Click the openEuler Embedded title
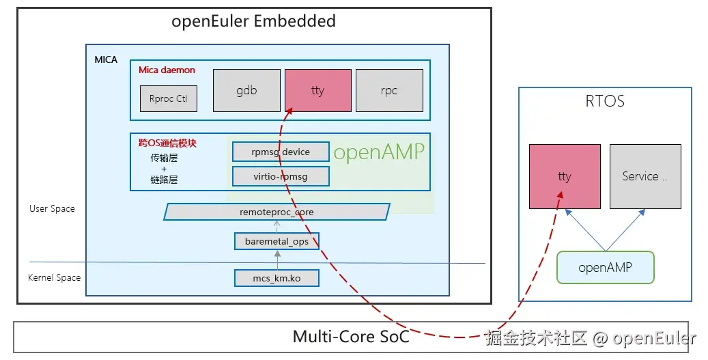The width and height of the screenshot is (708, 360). coord(254,21)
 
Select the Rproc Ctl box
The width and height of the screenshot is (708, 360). coord(168,98)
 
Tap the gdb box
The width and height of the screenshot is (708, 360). coord(246,90)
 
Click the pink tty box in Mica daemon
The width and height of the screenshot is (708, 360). coord(317,90)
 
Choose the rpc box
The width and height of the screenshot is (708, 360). coord(389,90)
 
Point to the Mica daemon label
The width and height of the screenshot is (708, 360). coord(167,70)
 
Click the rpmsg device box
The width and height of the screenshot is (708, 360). coord(281,152)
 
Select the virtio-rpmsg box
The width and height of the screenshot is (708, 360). coord(281,176)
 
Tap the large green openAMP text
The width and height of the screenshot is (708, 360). coord(379,152)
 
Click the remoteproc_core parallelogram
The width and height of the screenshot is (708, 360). coord(277,212)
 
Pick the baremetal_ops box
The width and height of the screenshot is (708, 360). coord(277,241)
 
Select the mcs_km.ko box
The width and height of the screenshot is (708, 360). coord(277,278)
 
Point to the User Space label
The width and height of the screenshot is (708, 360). coord(52,208)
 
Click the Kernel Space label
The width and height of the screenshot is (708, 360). coord(54,278)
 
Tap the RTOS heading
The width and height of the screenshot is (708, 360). coord(605,102)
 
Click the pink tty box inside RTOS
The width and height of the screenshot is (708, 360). coord(565,176)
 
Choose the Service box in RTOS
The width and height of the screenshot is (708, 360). coord(645,176)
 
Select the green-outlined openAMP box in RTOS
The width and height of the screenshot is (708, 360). coord(605,267)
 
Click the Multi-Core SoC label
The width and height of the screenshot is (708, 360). coord(351,336)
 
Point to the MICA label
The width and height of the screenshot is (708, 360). coord(106,59)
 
